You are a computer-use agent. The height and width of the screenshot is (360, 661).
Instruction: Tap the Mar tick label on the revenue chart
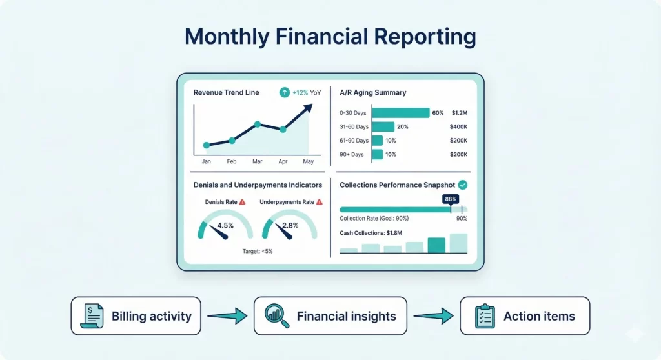(x=257, y=161)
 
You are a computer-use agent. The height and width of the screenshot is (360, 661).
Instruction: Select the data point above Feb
(x=232, y=141)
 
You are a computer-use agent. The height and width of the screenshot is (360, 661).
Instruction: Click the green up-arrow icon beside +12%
(x=284, y=93)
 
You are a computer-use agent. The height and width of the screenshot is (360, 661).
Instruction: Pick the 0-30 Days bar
(x=400, y=113)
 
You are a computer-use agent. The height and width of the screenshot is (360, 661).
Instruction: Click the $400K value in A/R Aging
(x=458, y=127)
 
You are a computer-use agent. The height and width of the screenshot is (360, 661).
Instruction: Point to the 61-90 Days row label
(x=354, y=141)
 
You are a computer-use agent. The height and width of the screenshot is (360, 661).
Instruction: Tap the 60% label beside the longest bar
(x=438, y=113)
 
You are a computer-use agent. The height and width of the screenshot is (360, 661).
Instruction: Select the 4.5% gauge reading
(x=225, y=226)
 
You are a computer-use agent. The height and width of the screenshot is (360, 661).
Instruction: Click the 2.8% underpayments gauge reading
(x=290, y=226)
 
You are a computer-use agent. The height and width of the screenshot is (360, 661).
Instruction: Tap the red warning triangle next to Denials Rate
(x=243, y=202)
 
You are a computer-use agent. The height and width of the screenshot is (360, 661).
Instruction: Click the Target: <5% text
(x=258, y=251)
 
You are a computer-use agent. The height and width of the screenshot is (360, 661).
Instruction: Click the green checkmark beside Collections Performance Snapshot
(x=462, y=185)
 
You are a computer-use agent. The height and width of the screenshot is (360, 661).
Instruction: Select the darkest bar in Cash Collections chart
(x=436, y=245)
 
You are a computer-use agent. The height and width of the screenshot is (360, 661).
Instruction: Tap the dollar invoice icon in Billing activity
(x=93, y=316)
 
